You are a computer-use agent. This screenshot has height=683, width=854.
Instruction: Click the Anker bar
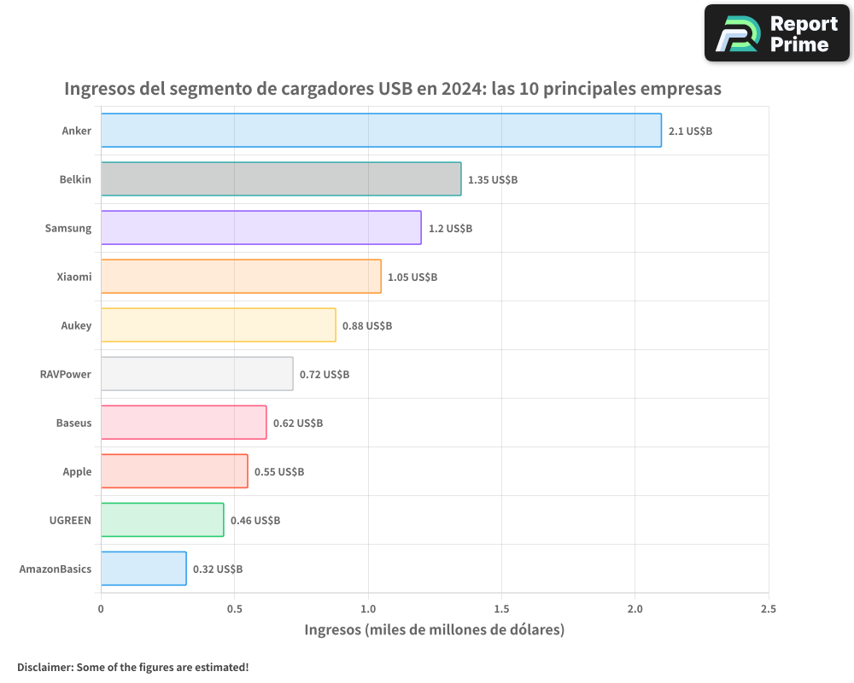click(x=381, y=131)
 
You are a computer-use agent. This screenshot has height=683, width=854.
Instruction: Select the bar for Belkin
click(x=281, y=179)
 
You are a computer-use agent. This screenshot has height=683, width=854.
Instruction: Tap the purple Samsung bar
click(x=260, y=228)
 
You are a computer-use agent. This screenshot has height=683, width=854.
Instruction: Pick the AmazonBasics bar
click(x=143, y=569)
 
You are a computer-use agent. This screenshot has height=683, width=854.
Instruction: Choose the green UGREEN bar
click(x=162, y=520)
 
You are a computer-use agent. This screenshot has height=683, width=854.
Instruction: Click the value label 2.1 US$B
click(x=690, y=131)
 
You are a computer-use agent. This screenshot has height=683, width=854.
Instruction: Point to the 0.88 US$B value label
click(x=367, y=326)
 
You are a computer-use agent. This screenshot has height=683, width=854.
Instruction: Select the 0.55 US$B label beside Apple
click(x=279, y=472)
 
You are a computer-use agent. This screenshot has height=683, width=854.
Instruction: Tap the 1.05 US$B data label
click(x=412, y=277)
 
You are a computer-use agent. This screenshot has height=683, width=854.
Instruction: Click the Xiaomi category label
click(x=73, y=277)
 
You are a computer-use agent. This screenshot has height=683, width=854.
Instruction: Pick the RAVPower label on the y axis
click(x=66, y=374)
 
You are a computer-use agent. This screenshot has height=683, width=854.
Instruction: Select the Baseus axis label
click(x=73, y=423)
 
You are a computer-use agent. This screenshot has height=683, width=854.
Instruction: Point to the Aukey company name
click(x=76, y=325)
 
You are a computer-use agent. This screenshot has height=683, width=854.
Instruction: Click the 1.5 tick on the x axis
click(x=501, y=609)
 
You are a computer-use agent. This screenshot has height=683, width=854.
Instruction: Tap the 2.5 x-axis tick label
click(x=768, y=609)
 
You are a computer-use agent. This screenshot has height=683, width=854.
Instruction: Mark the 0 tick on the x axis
click(x=101, y=609)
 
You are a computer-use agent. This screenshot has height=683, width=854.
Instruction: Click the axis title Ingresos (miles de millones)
click(x=435, y=630)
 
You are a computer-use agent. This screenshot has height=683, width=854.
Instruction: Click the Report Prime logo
click(x=776, y=33)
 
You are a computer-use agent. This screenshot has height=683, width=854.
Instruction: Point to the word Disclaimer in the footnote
click(x=44, y=667)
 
